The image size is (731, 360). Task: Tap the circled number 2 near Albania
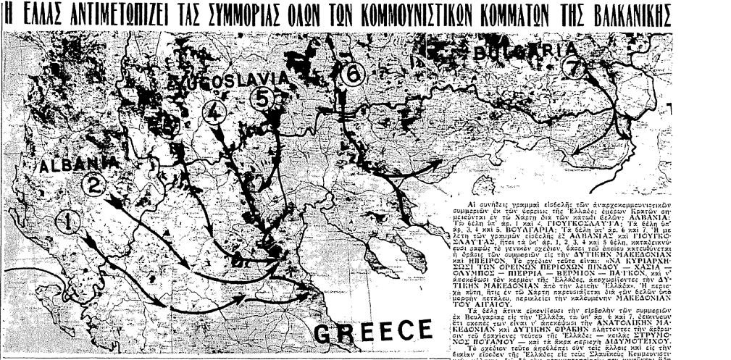(x=94, y=186)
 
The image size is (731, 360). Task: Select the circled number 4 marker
(x=214, y=113)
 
